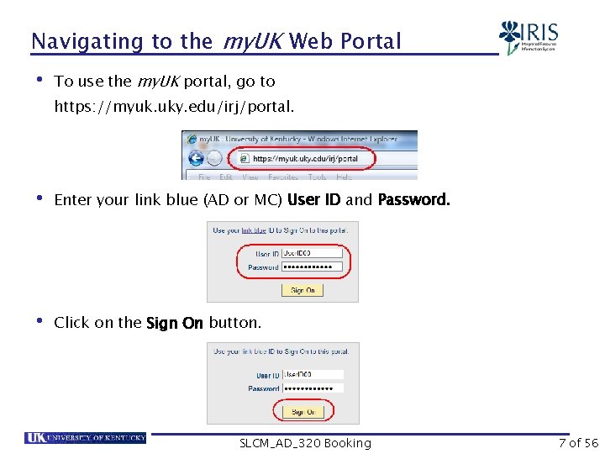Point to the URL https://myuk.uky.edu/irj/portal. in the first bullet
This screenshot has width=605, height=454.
coord(175,107)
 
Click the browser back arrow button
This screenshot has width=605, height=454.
coord(197,158)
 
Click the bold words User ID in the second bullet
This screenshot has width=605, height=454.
coord(313,200)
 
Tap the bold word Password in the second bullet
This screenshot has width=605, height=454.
coord(413,200)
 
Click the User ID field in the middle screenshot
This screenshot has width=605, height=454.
coord(312,253)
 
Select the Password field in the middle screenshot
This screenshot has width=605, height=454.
coord(312,267)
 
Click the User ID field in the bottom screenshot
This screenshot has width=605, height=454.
coord(313,375)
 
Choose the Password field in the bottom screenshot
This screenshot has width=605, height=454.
coord(313,388)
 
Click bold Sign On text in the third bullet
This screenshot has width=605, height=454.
coord(175,323)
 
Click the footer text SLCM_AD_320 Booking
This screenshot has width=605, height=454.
coord(305,443)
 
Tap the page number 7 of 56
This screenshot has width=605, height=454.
coord(578,443)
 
